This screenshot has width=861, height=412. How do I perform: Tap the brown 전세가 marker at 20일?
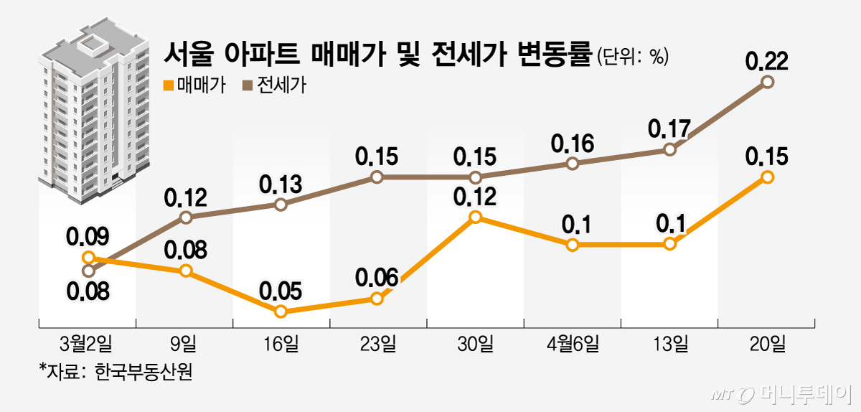point(767,82)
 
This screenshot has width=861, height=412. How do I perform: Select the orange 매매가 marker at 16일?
point(281,312)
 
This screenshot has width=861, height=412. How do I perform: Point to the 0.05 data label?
point(281,291)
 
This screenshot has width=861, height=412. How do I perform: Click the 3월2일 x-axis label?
point(88,344)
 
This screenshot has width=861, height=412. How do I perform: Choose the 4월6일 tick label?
point(572,344)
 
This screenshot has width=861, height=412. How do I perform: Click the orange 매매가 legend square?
point(169,86)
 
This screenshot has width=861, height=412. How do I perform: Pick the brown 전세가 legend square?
point(248,86)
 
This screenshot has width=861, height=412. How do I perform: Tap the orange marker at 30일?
point(475,217)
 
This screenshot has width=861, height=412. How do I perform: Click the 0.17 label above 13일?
point(669,129)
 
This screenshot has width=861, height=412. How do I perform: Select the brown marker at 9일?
point(185,217)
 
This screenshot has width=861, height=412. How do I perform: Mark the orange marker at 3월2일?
point(88,257)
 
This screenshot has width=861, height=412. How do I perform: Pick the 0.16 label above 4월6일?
point(572,143)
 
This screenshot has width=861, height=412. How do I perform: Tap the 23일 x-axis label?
point(377,344)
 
